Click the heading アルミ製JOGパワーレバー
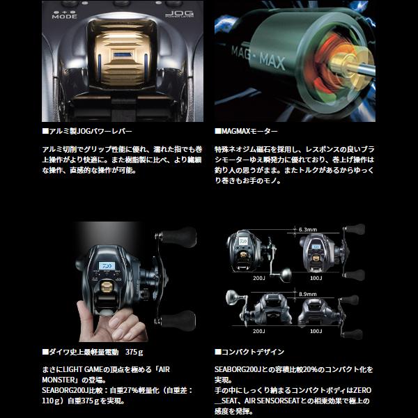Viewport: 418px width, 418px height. [x=90, y=131]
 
